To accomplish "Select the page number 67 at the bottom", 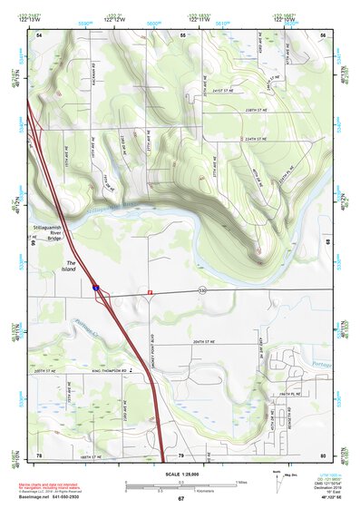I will [180, 499].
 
